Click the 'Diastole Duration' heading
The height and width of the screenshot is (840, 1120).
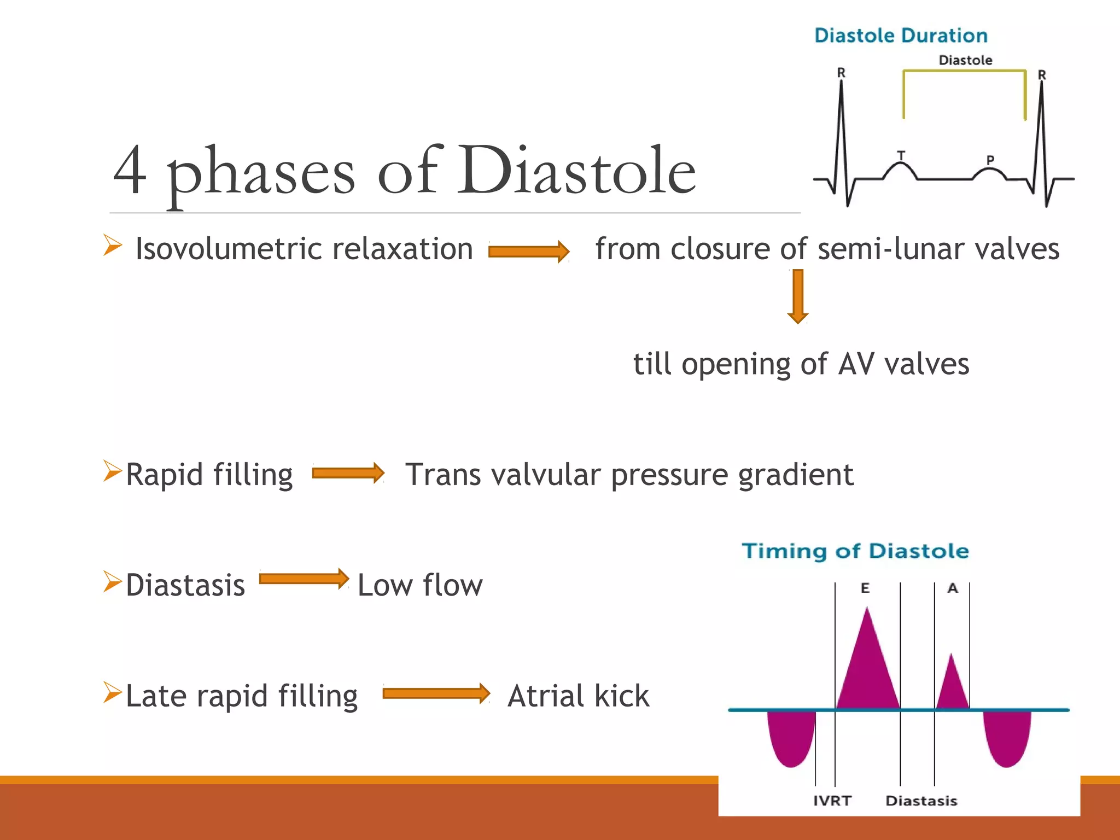coord(901,36)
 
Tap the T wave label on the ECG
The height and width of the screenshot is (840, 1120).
coord(901,155)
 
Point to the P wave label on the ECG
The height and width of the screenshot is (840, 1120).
coord(990,160)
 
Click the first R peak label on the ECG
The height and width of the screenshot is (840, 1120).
coord(841,72)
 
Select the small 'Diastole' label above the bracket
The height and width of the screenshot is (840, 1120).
coord(965,60)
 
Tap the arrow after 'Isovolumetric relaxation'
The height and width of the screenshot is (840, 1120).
coord(528,251)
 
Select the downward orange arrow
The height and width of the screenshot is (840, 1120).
coord(798,296)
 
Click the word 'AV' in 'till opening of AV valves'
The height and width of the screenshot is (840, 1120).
coord(856,364)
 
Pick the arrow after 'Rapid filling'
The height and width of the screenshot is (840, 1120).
coord(348,473)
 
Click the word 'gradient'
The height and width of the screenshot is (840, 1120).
coord(796,475)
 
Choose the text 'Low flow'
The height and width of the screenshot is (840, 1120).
coord(420,585)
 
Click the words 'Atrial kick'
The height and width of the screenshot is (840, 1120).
coord(578,696)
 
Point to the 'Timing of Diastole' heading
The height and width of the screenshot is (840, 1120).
coord(855,551)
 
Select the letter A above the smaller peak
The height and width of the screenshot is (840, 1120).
coord(953,588)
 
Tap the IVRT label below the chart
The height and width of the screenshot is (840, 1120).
coord(832,801)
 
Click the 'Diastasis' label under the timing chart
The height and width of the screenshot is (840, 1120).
coord(921,801)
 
